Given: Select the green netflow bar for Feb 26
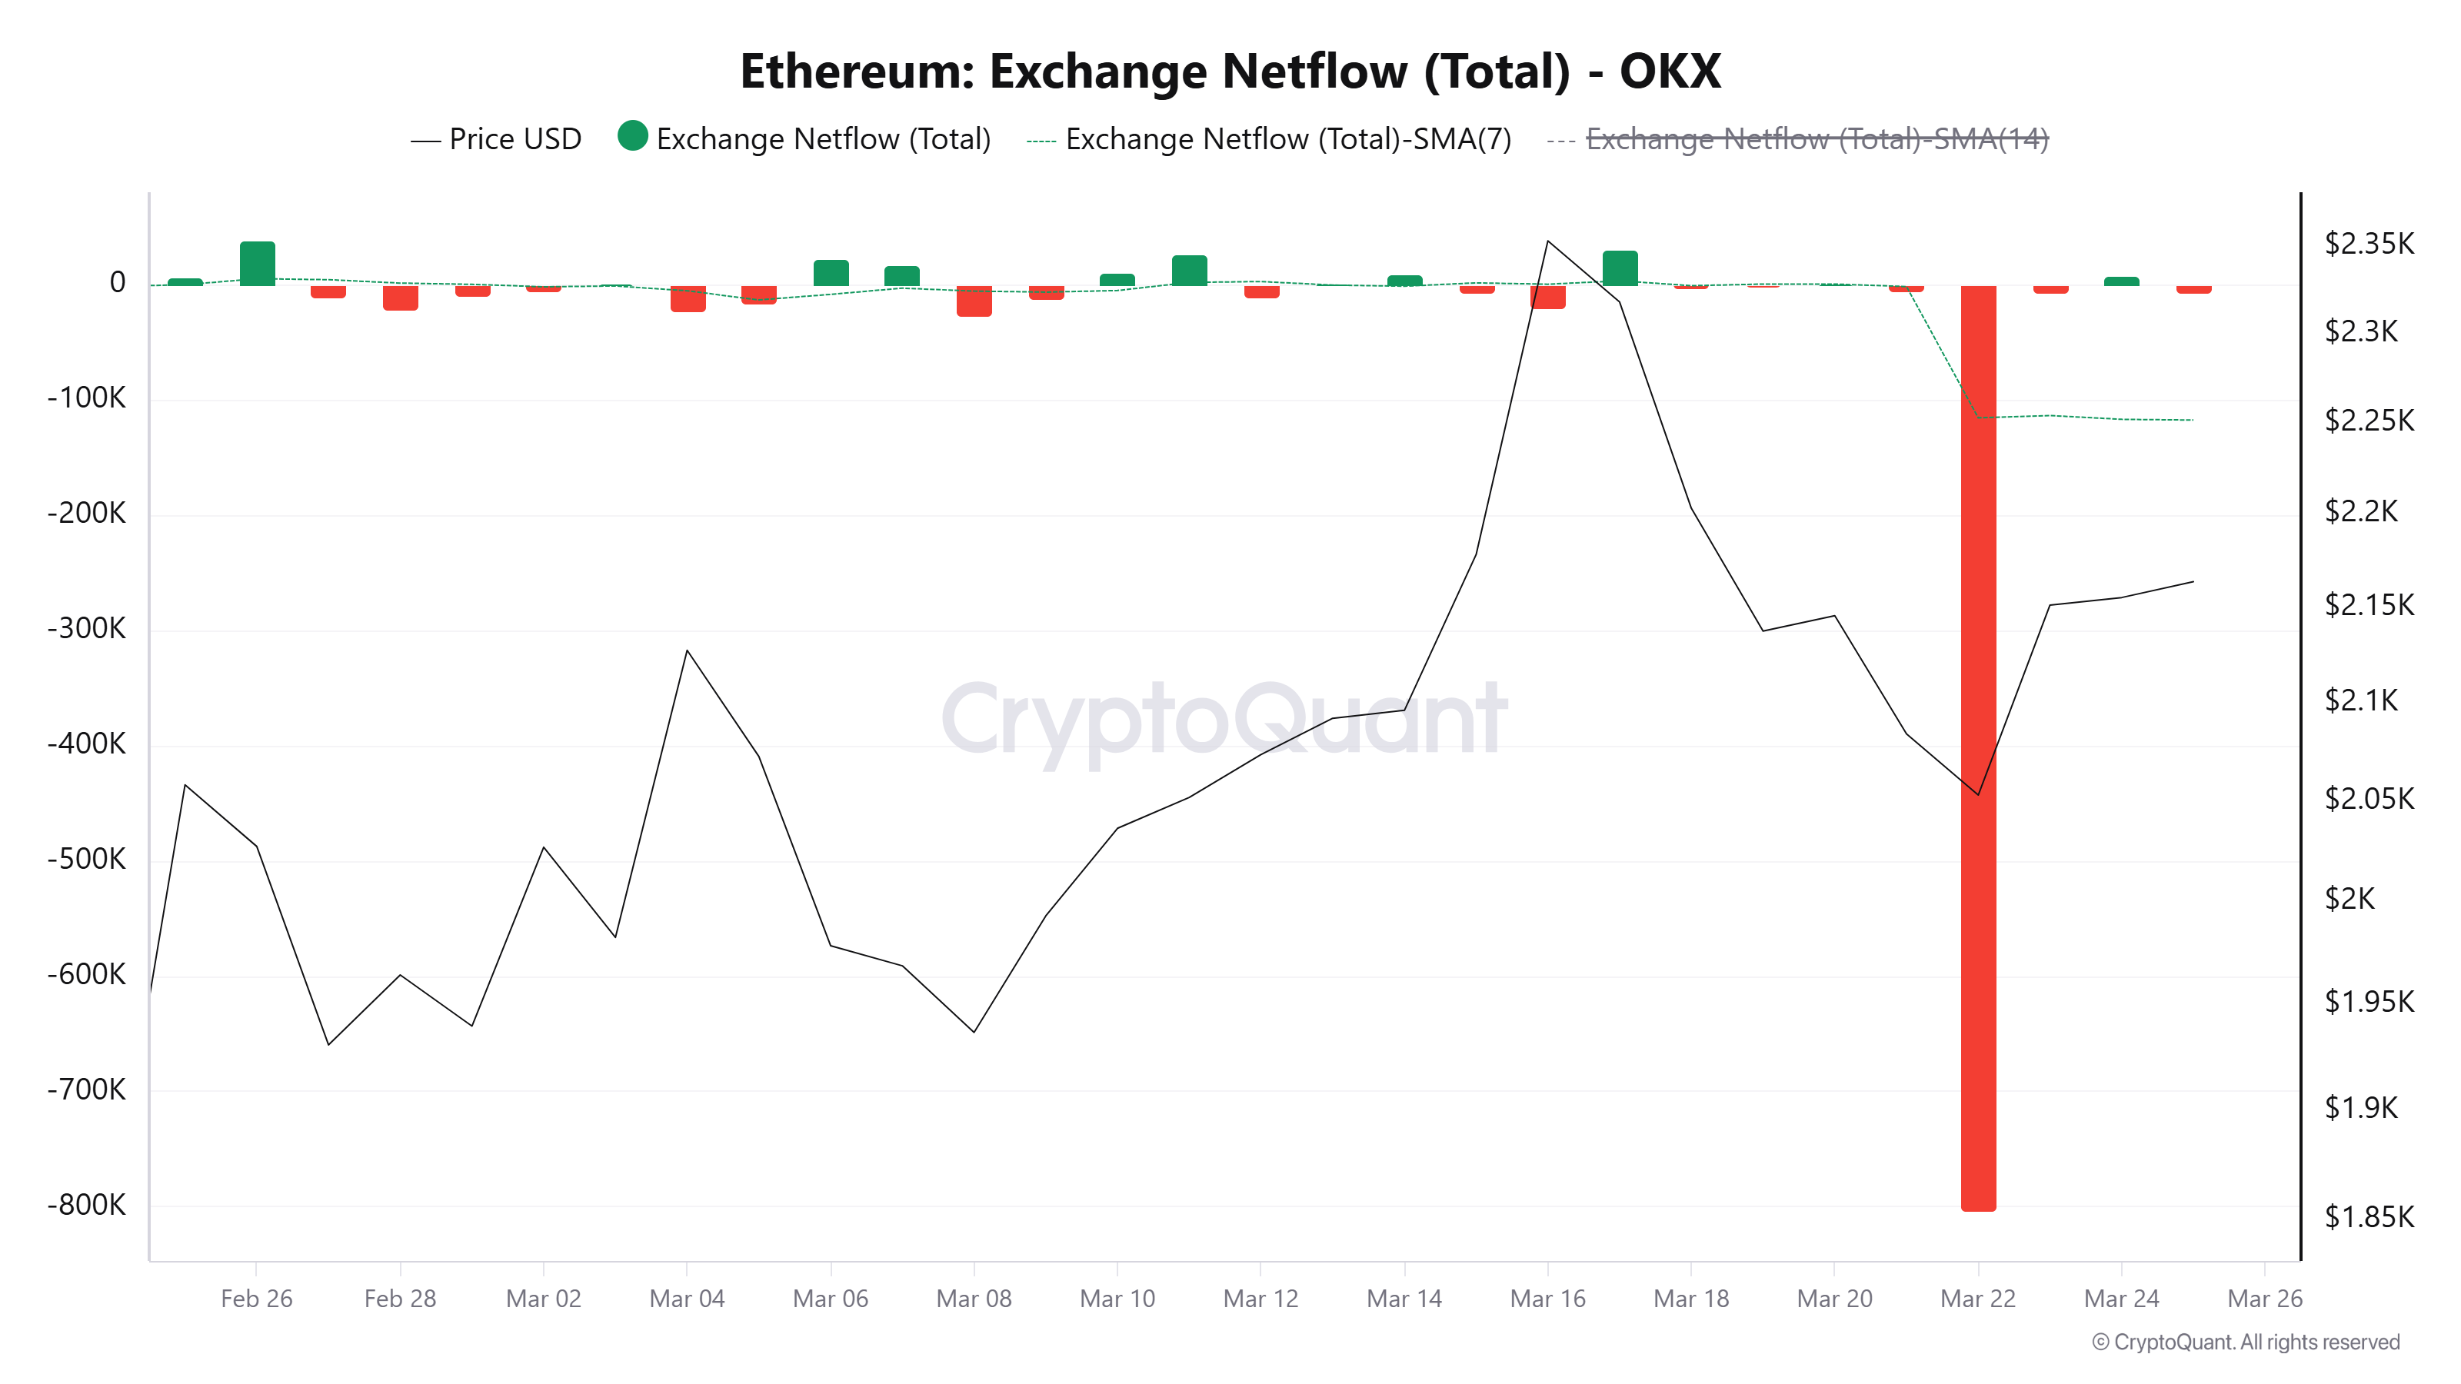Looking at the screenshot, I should [x=257, y=264].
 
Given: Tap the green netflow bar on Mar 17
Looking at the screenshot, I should [x=1620, y=268].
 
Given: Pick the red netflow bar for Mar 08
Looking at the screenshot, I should [x=974, y=301].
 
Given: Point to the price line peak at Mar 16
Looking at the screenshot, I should [x=1547, y=241].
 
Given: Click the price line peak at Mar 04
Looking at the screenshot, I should [x=687, y=650].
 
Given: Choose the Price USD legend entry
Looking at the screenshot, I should [x=496, y=139].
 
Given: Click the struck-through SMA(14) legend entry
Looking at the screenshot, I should [x=1815, y=139].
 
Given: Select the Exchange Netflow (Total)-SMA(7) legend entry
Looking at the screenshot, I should [x=1287, y=139].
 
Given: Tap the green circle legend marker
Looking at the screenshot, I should [x=632, y=137].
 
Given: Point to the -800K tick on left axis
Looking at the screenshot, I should [x=87, y=1204].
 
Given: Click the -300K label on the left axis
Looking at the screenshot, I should [x=87, y=627].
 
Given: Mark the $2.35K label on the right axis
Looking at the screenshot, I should [x=2369, y=244].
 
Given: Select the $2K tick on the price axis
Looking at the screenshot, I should [x=2349, y=898].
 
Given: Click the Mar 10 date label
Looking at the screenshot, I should [x=1117, y=1298].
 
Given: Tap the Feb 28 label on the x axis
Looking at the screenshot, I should [x=399, y=1298].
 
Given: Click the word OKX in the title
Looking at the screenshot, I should [x=1669, y=72].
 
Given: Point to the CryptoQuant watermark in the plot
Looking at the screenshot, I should [x=1223, y=718].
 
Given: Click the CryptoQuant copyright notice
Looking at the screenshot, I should [x=2245, y=1342].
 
